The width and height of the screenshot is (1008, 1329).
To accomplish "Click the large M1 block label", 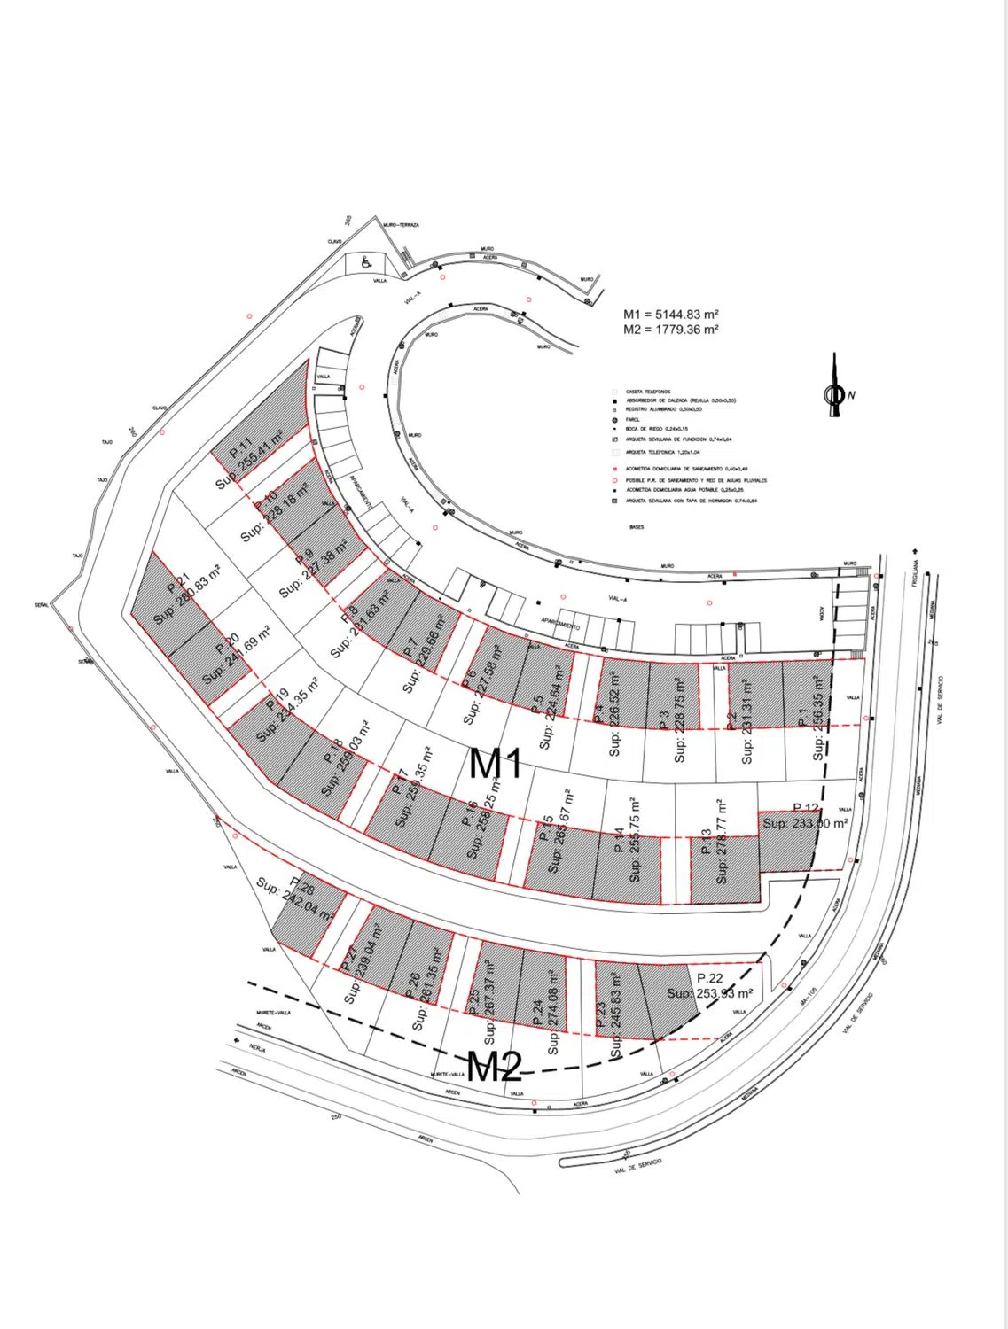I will coord(495,764).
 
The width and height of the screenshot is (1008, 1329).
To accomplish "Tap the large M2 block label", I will coord(494,1067).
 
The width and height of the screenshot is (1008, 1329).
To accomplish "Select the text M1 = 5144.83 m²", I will coord(670,314).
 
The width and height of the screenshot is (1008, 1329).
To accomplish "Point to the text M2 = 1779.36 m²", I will coord(670,330).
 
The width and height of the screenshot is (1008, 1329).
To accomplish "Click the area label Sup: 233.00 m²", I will coord(805,823).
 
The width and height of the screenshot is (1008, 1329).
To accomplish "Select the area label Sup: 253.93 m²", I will coord(709,993).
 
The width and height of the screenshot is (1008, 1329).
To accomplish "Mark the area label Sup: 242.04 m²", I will coord(294,901).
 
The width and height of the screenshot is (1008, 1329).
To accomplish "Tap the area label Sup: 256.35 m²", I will coord(820,719).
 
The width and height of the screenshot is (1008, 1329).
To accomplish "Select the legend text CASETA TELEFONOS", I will coord(648,391).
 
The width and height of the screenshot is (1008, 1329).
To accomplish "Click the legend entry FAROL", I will coord(633,420).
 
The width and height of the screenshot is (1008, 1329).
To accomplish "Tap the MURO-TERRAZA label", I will coord(402,225).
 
